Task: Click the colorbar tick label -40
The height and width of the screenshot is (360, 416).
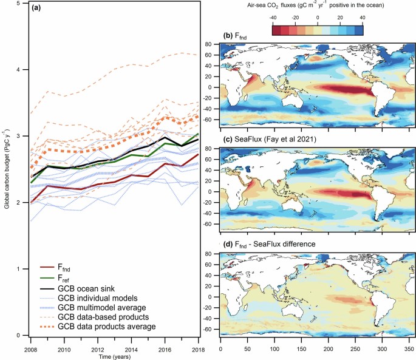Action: [x=273, y=18]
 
